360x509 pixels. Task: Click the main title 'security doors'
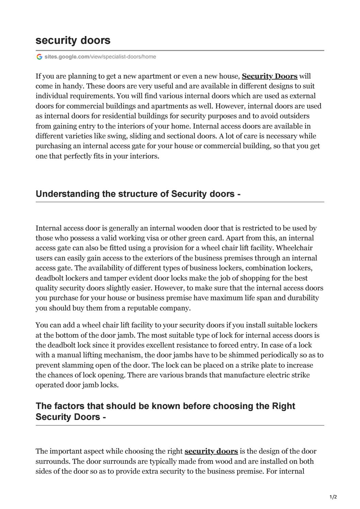pyautogui.click(x=73, y=40)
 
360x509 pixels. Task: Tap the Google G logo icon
pyautogui.click(x=39, y=57)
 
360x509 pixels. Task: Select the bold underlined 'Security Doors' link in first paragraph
pyautogui.click(x=269, y=76)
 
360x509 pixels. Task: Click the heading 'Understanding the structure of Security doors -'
pyautogui.click(x=138, y=194)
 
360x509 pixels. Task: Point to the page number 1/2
pyautogui.click(x=333, y=497)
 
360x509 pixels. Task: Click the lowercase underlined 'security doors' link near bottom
pyautogui.click(x=211, y=451)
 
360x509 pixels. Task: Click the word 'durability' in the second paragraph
pyautogui.click(x=302, y=298)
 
